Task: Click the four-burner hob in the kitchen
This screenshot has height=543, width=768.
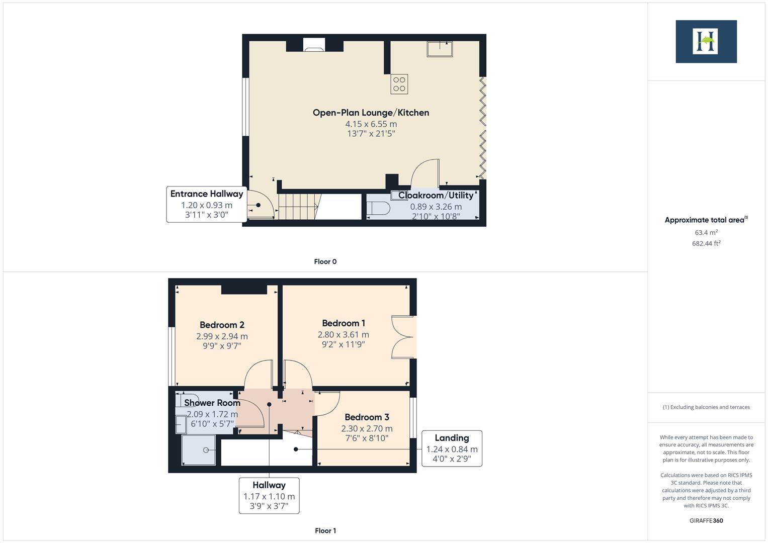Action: tap(399, 84)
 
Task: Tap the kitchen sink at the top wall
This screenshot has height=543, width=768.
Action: tap(439, 49)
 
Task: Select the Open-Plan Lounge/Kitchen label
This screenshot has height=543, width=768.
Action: tap(371, 113)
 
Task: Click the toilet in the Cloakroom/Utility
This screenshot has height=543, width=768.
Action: tap(379, 208)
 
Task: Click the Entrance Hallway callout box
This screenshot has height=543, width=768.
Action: tap(207, 204)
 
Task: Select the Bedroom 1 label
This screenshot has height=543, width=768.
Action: tap(344, 323)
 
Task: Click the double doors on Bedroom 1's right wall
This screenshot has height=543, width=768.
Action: tap(404, 337)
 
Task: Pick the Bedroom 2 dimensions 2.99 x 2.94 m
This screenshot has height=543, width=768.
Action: tap(222, 336)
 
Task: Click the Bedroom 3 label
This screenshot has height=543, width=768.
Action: tap(367, 417)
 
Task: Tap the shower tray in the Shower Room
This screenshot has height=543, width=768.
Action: tap(199, 450)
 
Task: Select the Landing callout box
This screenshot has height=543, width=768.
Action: tap(452, 448)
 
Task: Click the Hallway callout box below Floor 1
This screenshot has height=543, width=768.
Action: tap(269, 495)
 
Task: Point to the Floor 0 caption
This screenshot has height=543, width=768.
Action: tap(325, 261)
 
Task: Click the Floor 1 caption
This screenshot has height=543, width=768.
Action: tap(325, 530)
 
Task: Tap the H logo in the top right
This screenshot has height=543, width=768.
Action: tap(706, 41)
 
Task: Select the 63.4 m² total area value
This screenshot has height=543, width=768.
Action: tap(706, 232)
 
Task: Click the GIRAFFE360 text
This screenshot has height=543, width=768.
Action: tap(706, 520)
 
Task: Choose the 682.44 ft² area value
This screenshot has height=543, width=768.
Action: tap(706, 243)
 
